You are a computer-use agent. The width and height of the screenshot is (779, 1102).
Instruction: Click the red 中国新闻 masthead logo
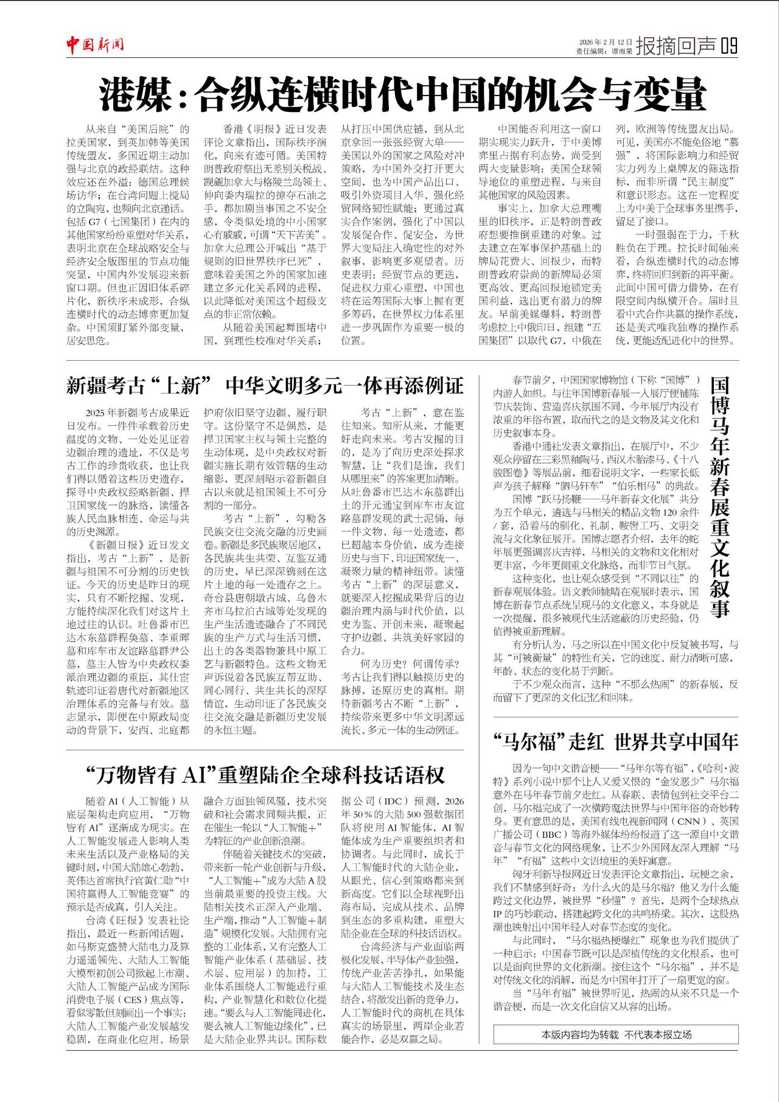point(95,44)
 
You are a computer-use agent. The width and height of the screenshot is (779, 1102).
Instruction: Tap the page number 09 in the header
point(728,46)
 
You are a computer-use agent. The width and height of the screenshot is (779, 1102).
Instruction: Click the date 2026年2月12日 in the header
point(606,41)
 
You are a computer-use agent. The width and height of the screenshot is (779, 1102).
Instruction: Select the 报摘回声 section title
point(676,46)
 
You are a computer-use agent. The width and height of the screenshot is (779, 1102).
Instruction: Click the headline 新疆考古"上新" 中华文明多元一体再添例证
point(265,385)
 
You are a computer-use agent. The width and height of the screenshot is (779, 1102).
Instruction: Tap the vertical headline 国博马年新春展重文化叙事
point(719,497)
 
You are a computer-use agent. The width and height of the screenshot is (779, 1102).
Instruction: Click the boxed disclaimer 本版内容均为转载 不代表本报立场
point(616,1034)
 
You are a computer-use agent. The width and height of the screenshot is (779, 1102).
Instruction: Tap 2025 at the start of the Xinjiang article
point(96,412)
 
